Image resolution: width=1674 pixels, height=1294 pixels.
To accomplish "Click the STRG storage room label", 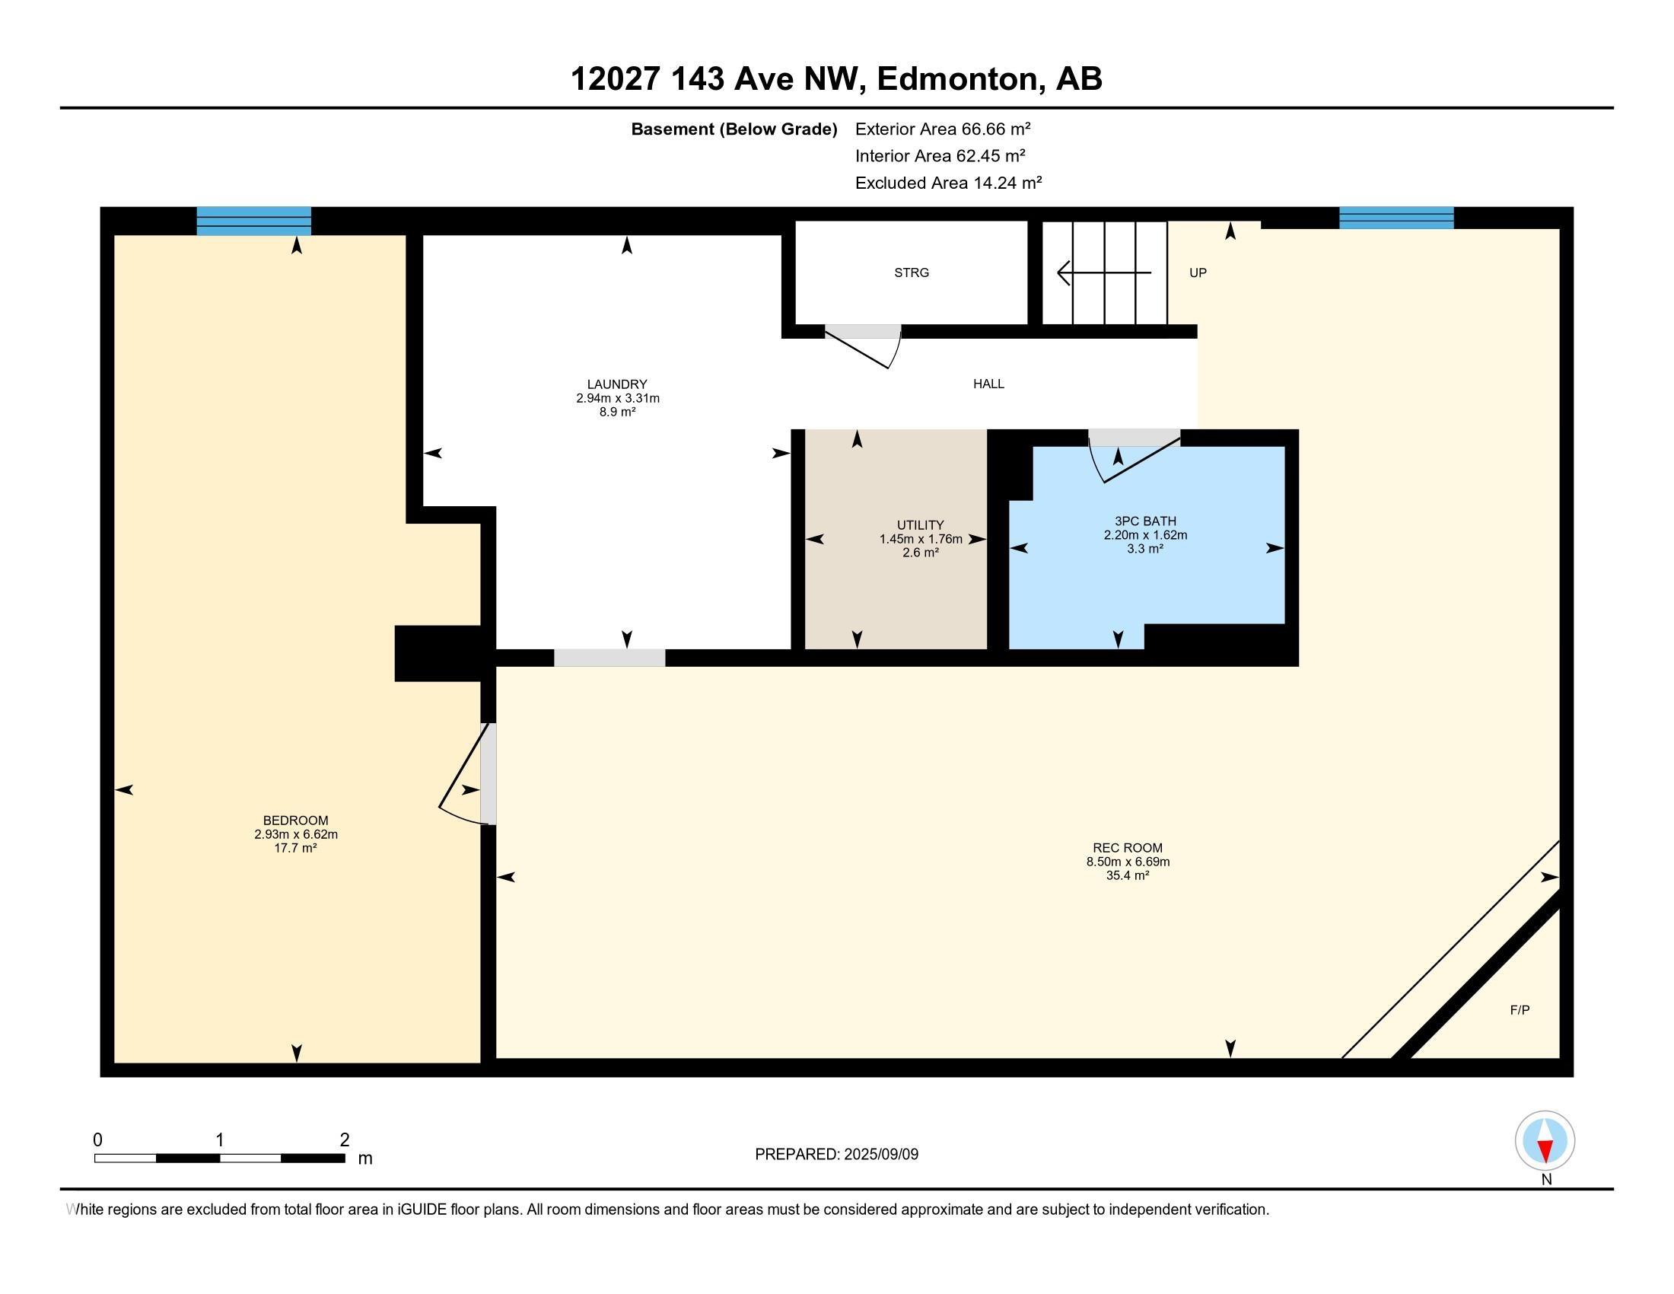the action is coord(912,273).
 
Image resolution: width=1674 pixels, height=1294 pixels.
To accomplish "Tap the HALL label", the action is coord(988,384).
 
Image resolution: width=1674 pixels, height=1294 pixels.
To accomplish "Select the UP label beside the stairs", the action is coord(1198,273).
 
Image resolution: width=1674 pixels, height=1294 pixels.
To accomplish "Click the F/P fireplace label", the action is coord(1520,1009).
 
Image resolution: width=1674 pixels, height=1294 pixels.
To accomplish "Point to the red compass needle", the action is coord(1545,1151).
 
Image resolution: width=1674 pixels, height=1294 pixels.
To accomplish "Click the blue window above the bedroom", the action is coord(253,221).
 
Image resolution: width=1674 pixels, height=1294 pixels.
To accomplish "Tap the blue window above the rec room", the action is coord(1396,218).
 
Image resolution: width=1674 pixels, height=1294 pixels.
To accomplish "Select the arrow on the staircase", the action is coord(1104,273).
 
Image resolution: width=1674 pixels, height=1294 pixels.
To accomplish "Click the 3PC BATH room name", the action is coord(1145,521).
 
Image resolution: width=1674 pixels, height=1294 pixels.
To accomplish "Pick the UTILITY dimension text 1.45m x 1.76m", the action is coord(921,539).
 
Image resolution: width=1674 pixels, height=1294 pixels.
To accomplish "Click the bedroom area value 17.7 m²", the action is coord(296,848).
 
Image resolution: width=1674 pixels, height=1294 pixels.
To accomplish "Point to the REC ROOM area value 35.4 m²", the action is coord(1128,875).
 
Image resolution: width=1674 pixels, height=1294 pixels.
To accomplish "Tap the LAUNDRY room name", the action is coord(617,384).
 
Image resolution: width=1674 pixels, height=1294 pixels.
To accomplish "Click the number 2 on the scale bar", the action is coord(345,1140).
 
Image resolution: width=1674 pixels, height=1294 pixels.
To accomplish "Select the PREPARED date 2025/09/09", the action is coord(880,1155).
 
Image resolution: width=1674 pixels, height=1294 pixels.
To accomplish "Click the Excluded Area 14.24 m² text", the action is coord(949,183).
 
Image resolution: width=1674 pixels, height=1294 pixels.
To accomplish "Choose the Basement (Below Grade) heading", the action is coord(734,129).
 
